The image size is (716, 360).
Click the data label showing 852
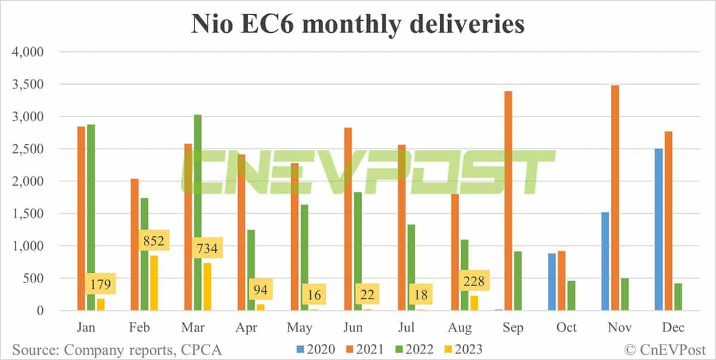(154, 242)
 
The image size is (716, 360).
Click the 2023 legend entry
(462, 349)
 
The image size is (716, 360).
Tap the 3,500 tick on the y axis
(29, 84)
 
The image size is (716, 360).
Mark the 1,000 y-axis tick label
(29, 246)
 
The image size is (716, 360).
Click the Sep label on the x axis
(513, 327)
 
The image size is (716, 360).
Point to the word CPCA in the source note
(202, 349)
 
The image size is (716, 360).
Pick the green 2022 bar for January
(91, 217)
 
